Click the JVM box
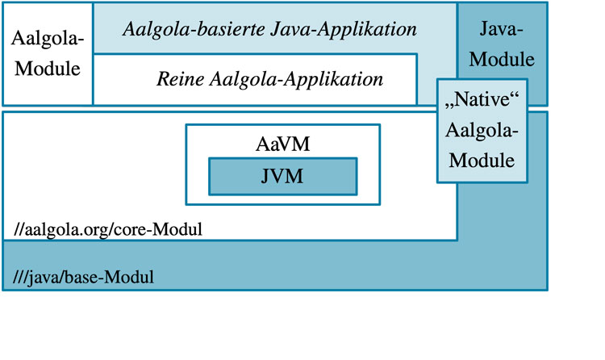282,176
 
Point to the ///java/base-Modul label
84,278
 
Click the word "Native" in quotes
482,103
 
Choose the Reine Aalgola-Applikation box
256,80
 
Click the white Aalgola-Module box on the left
48,54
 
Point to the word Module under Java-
502,59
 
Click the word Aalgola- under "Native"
482,132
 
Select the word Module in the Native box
482,160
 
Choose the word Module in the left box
48,69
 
